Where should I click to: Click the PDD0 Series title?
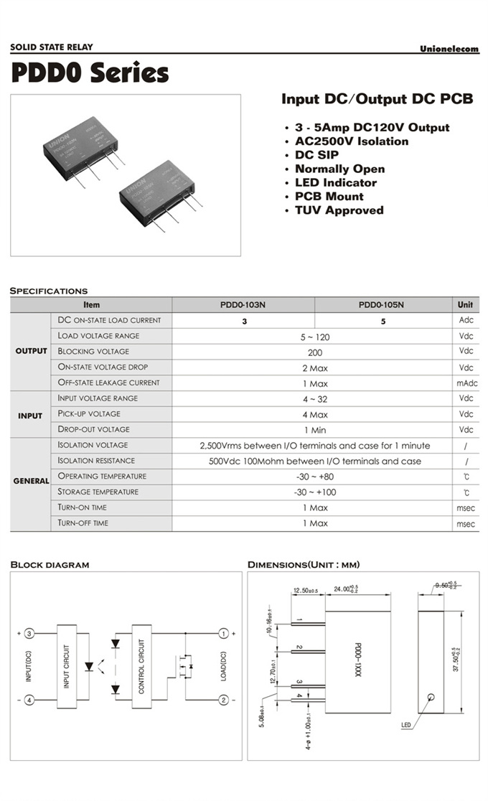pos(90,73)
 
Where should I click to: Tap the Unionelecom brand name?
pos(449,49)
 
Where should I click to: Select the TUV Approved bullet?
pos(339,210)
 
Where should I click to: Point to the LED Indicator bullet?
pos(335,182)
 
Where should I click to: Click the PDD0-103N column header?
pos(243,305)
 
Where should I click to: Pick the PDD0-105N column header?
pos(381,305)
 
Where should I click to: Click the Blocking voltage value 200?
pos(314,352)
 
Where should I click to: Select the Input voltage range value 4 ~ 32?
pos(314,399)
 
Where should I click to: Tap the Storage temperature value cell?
pos(314,492)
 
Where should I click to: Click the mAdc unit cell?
pos(466,383)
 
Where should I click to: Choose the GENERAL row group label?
pos(31,481)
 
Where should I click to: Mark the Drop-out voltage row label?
pos(93,429)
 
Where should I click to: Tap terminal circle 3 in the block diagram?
pos(29,634)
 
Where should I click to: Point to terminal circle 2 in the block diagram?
pos(224,700)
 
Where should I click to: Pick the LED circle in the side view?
pos(431,697)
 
